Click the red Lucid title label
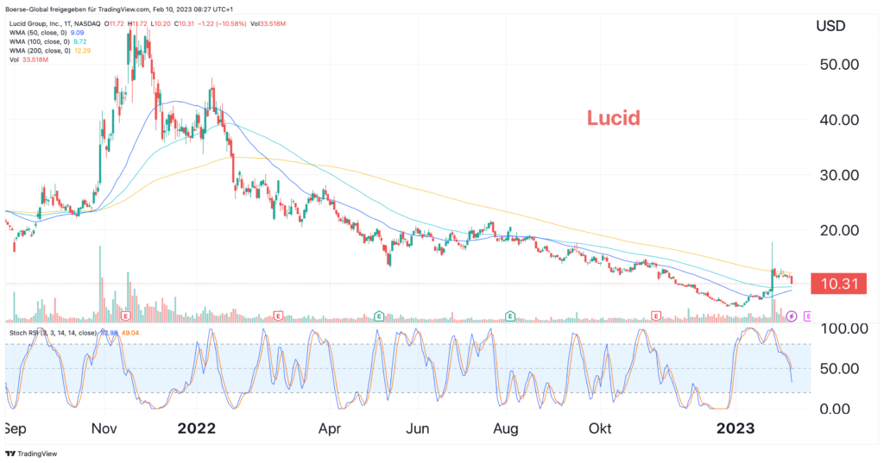click(614, 118)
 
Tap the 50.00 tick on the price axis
click(839, 65)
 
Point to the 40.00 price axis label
click(839, 120)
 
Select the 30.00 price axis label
click(839, 175)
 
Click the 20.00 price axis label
click(839, 230)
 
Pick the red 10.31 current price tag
click(838, 283)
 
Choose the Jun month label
click(419, 429)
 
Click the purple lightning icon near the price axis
click(791, 316)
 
